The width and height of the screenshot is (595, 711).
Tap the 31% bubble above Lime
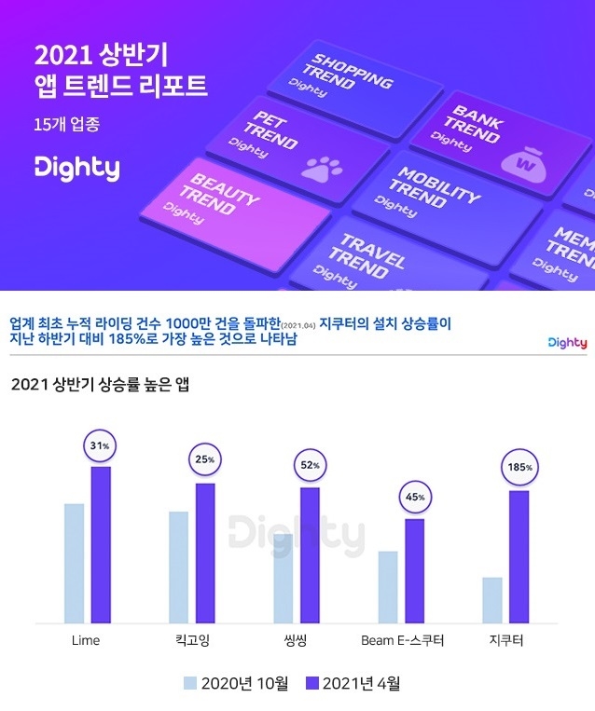pos(100,445)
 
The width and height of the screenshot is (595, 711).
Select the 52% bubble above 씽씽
pos(310,465)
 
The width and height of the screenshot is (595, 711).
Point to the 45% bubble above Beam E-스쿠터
pos(414,497)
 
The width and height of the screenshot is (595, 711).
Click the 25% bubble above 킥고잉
pos(205,459)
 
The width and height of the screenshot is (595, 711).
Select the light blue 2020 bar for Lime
pos(74,563)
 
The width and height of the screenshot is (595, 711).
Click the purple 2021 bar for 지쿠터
pos(519,556)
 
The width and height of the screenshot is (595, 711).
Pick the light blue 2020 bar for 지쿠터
pos(493,600)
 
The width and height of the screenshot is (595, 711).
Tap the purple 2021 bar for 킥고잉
pos(205,553)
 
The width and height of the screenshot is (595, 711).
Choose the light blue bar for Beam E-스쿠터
pos(388,587)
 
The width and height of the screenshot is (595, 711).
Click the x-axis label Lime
pos(86,641)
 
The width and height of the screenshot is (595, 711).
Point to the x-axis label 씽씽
pos(297,641)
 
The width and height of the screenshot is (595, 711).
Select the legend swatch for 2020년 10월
pos(192,684)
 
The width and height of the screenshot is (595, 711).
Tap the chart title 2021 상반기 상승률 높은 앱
pos(100,385)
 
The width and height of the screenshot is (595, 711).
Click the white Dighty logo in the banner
pos(76,168)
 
